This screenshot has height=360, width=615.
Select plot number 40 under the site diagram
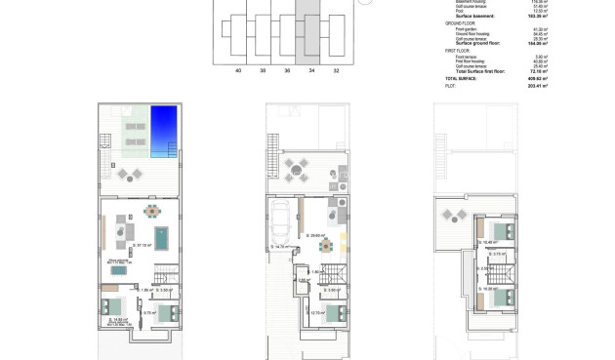tap(238, 71)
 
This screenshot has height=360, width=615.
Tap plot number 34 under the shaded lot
tap(310, 71)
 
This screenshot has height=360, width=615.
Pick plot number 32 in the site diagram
tap(336, 71)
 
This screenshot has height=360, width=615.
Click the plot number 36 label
tap(287, 71)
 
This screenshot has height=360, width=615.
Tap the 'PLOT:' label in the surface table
tap(451, 86)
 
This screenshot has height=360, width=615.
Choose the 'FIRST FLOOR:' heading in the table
tap(462, 51)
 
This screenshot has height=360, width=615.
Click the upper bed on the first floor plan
tap(505, 231)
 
